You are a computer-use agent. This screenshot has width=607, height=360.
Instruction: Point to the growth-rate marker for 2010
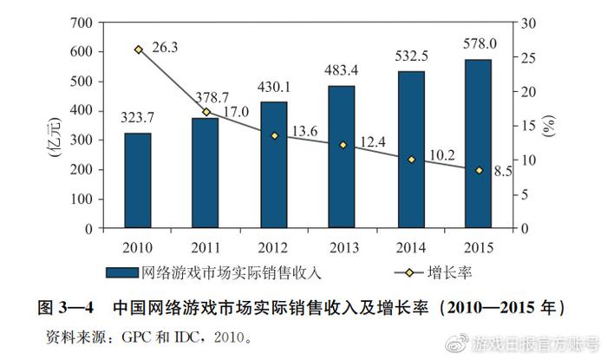point(138,49)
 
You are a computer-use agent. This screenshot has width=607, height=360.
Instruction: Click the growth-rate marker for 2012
point(274,135)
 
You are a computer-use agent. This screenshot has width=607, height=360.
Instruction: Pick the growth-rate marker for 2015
point(479,170)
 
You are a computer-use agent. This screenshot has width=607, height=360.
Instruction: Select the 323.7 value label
point(137,117)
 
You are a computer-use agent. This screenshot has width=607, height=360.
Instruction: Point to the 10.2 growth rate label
point(441,155)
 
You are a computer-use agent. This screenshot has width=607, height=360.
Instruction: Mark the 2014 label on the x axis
point(411,245)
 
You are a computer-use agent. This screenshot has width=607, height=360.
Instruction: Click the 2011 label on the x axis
point(206,245)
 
